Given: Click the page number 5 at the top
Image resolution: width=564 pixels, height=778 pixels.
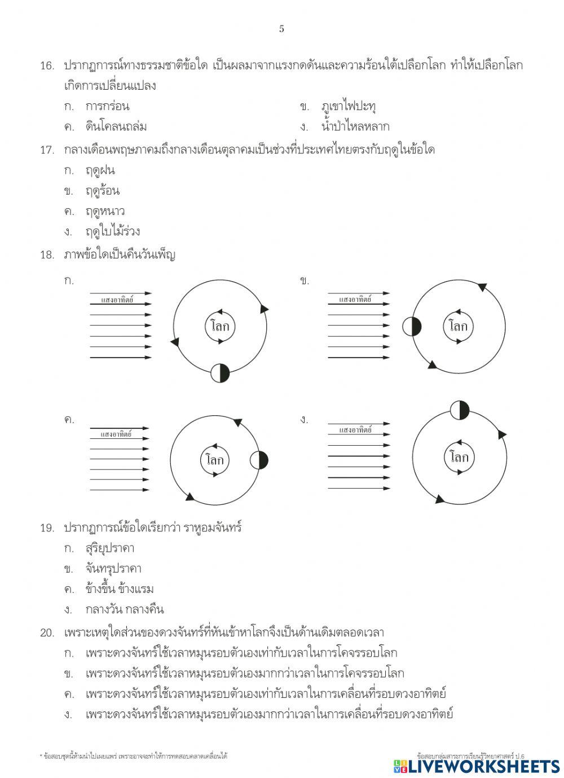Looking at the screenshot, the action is (x=281, y=29).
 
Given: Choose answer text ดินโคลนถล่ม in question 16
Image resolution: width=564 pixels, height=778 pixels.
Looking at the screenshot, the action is (x=116, y=126).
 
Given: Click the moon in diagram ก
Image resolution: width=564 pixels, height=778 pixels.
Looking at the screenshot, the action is (x=220, y=373).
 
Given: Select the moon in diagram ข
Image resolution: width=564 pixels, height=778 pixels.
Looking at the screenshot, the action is (x=412, y=326).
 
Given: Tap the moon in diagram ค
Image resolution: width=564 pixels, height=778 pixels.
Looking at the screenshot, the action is (x=259, y=460).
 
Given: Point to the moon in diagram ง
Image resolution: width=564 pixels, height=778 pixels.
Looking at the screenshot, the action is (x=460, y=410).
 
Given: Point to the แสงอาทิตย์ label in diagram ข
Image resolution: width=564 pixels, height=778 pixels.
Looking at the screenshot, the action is (x=355, y=300).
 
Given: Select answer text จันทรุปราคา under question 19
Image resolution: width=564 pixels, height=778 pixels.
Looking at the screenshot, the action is (x=113, y=569).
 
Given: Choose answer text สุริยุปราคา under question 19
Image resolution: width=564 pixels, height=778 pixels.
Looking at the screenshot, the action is (x=110, y=548).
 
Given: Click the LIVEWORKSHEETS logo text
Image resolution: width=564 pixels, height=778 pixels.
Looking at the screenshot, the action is (x=477, y=766).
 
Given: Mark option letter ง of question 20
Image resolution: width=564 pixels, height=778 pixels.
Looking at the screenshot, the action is (x=68, y=715).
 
